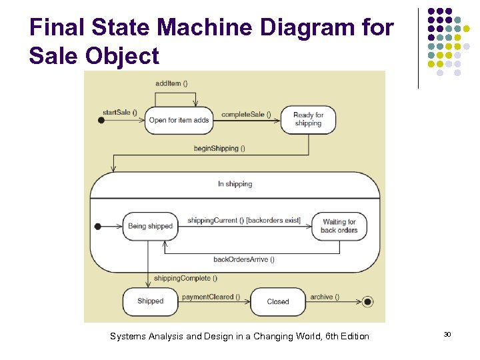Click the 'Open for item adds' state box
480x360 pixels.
coord(179,120)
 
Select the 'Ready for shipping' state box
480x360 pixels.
coord(308,119)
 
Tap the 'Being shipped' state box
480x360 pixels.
coord(150,226)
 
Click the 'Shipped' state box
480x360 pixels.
coord(150,301)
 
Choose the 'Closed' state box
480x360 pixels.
coord(278,301)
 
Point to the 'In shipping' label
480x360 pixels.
coord(235,184)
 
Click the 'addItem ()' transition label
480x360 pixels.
coord(171,83)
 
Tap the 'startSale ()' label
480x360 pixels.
coord(119,112)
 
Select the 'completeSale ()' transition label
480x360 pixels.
coord(246,115)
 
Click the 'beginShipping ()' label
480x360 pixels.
coord(219,148)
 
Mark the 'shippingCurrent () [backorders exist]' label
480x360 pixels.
coord(244,221)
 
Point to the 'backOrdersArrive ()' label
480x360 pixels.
coord(244,259)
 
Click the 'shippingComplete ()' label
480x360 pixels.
coord(182,278)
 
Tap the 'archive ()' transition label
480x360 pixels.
coord(325,297)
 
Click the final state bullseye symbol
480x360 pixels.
coord(367,302)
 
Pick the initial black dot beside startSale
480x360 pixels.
coord(101,120)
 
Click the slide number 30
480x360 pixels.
coord(447,334)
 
